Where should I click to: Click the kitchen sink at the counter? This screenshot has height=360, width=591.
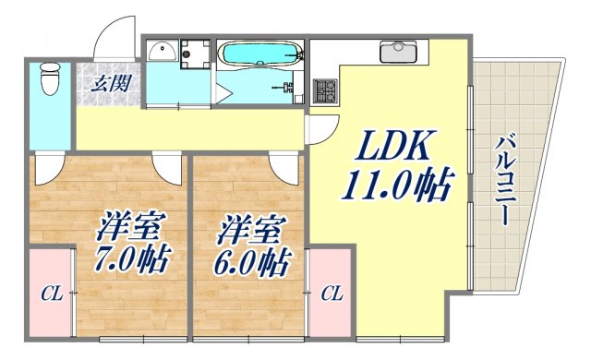(400, 51)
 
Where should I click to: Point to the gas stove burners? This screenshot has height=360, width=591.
(325, 90)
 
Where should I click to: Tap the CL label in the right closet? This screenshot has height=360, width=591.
(332, 294)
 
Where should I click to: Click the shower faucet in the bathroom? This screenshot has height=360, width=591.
(290, 88)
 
